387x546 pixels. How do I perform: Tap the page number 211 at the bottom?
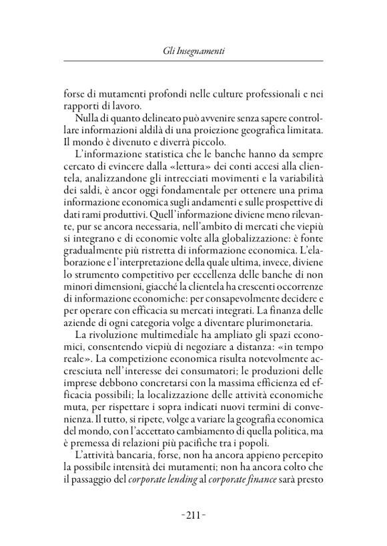193,513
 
